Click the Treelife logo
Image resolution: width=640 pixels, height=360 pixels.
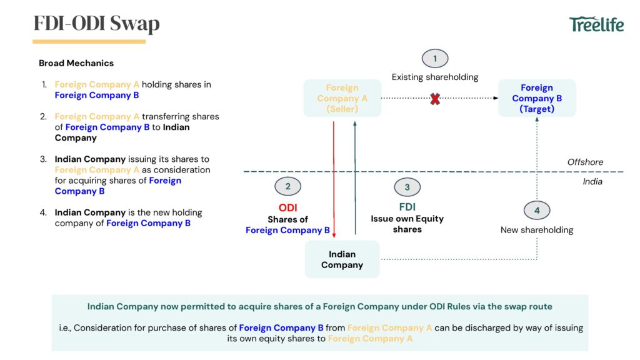point(597,24)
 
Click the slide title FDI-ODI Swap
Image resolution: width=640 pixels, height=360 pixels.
point(96,24)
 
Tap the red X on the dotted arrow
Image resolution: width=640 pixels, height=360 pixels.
point(435,98)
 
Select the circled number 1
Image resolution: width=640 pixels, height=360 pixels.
point(435,59)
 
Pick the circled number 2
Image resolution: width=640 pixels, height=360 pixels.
point(287,186)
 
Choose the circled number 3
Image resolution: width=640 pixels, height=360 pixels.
point(407,187)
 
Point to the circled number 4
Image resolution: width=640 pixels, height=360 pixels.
point(537,211)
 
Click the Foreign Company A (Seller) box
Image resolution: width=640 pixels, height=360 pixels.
point(342,98)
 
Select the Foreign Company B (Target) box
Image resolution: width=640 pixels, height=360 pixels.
point(537,98)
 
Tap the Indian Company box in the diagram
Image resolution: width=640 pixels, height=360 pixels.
point(342,259)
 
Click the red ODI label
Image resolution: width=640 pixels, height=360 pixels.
point(287,208)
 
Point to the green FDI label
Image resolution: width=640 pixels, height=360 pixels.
point(407,207)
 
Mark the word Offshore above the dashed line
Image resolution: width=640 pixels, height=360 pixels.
point(585,162)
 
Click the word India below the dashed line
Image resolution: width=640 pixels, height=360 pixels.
point(592,182)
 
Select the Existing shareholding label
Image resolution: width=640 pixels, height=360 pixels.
point(435,77)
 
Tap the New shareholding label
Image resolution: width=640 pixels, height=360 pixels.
point(537,230)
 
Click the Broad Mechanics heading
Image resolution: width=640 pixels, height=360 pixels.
point(76,63)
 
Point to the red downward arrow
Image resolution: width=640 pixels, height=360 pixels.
point(334,181)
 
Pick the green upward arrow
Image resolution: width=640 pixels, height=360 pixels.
point(355,181)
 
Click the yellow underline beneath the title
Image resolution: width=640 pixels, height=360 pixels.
point(89,42)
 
